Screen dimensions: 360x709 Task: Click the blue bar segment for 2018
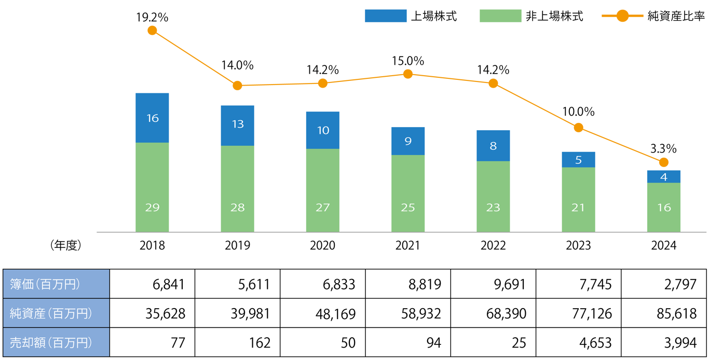coord(152,118)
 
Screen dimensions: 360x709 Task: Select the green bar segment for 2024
coord(663,207)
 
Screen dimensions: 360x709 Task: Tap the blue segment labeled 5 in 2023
coord(578,160)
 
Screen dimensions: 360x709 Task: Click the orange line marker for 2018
coord(152,31)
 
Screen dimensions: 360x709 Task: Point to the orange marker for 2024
coord(663,162)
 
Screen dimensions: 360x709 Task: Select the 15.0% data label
coord(408,61)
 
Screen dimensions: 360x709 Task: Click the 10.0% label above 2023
coord(578,112)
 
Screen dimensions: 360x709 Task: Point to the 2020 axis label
coord(323,245)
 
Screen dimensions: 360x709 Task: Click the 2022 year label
coord(493,245)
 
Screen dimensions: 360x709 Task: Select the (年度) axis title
coord(66,245)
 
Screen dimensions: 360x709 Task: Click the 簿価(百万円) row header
coord(56,284)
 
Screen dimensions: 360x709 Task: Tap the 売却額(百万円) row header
coord(56,342)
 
